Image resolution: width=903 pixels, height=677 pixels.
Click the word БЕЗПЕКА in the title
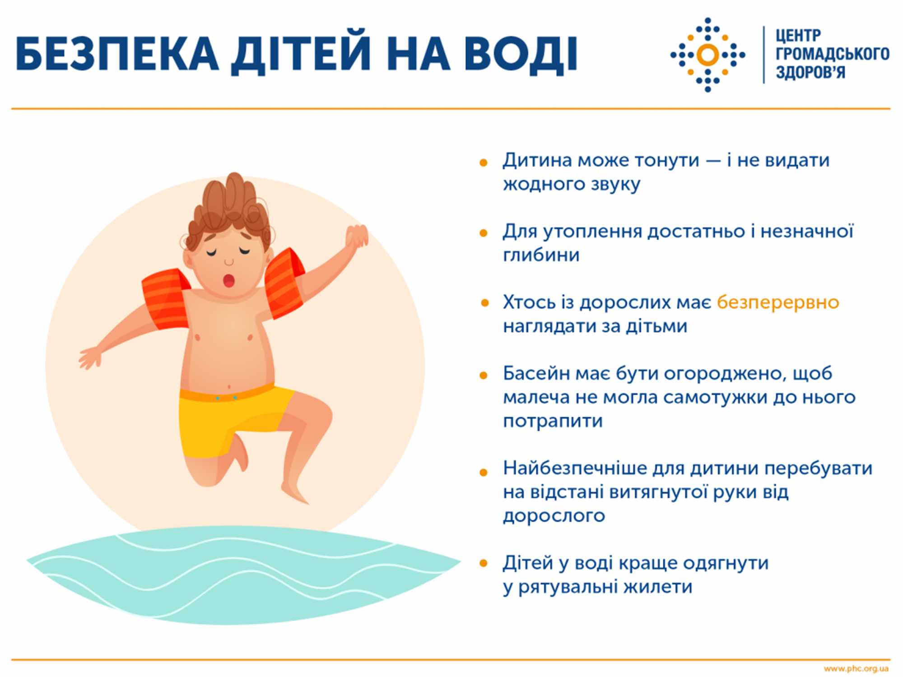117,54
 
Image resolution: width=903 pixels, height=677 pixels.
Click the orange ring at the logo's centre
708,55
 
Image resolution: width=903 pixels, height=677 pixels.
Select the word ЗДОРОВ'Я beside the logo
810,72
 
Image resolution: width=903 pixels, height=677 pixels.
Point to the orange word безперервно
777,302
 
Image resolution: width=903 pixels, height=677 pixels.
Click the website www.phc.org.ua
856,668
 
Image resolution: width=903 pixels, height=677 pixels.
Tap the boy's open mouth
229,280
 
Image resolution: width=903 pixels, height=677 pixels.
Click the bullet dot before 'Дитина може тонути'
484,162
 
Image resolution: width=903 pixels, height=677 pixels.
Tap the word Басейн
533,374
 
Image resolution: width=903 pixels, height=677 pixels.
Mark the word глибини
541,255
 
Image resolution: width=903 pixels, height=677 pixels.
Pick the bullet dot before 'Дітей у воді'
484,563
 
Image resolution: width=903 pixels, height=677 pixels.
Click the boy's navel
229,386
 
